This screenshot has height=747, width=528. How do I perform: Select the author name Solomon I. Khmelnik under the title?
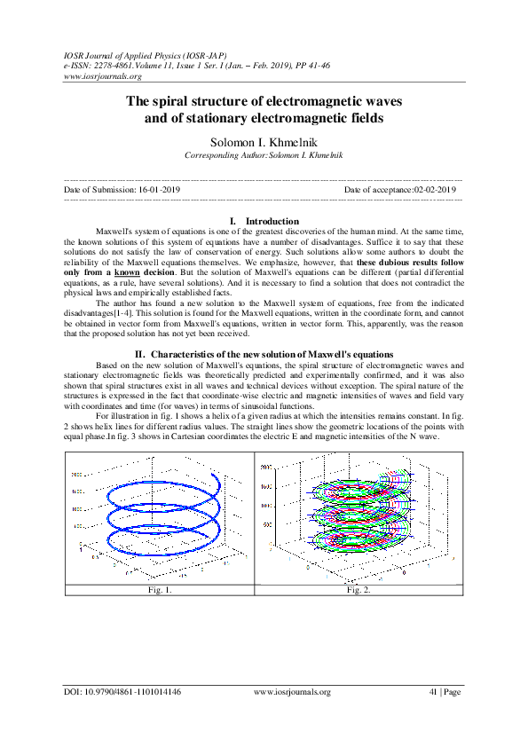click(x=264, y=142)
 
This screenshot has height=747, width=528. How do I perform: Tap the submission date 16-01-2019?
click(x=159, y=190)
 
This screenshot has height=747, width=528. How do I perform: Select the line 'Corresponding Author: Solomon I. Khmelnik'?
click(x=263, y=156)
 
